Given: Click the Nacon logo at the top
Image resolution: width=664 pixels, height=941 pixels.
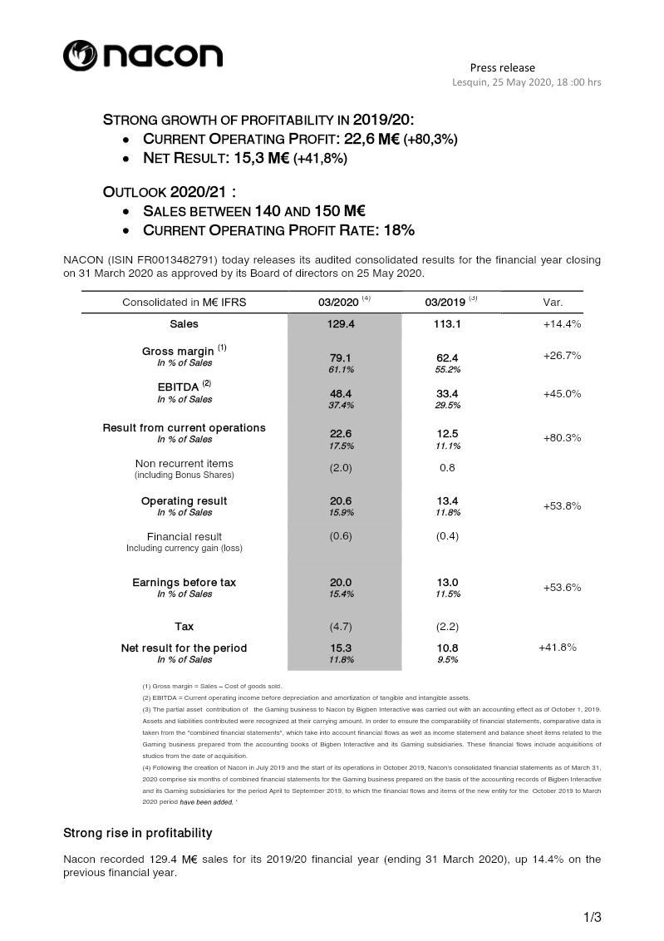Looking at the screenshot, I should pos(143,56).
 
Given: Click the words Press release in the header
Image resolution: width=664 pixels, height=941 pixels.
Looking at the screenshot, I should pos(502,67).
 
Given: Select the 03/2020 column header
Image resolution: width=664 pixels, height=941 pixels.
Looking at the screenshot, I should pos(339,302).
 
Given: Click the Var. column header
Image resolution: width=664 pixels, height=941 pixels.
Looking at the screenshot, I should pos(553,302).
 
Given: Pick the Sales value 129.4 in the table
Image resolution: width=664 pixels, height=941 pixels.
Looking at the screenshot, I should pos(342,324).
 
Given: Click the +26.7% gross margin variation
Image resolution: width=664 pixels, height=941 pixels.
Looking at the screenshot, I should pos(562,356).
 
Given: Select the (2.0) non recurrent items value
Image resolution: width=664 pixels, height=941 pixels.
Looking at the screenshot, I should pos(342,467).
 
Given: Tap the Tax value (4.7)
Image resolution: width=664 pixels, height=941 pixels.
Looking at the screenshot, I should pos(342,627).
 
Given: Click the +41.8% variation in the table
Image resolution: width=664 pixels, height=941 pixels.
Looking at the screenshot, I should pos(558,647).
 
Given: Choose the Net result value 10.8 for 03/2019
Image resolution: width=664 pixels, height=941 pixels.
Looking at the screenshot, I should pos(447,648).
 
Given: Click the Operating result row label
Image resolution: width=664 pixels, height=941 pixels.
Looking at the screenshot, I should pos(184,501).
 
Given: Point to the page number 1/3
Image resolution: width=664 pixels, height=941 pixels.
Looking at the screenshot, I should pos(591,918).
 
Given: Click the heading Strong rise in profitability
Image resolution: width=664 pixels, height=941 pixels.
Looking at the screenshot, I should pos(138,833).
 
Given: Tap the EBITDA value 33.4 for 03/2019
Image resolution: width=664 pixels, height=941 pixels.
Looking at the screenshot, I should pos(447,393).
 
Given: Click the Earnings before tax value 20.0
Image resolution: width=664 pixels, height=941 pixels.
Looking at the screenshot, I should pos(342,583).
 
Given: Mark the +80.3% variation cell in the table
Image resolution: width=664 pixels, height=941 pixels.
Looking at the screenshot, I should pos(562,437).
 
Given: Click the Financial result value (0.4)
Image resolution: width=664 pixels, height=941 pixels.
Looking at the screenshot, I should pos(447,536).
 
